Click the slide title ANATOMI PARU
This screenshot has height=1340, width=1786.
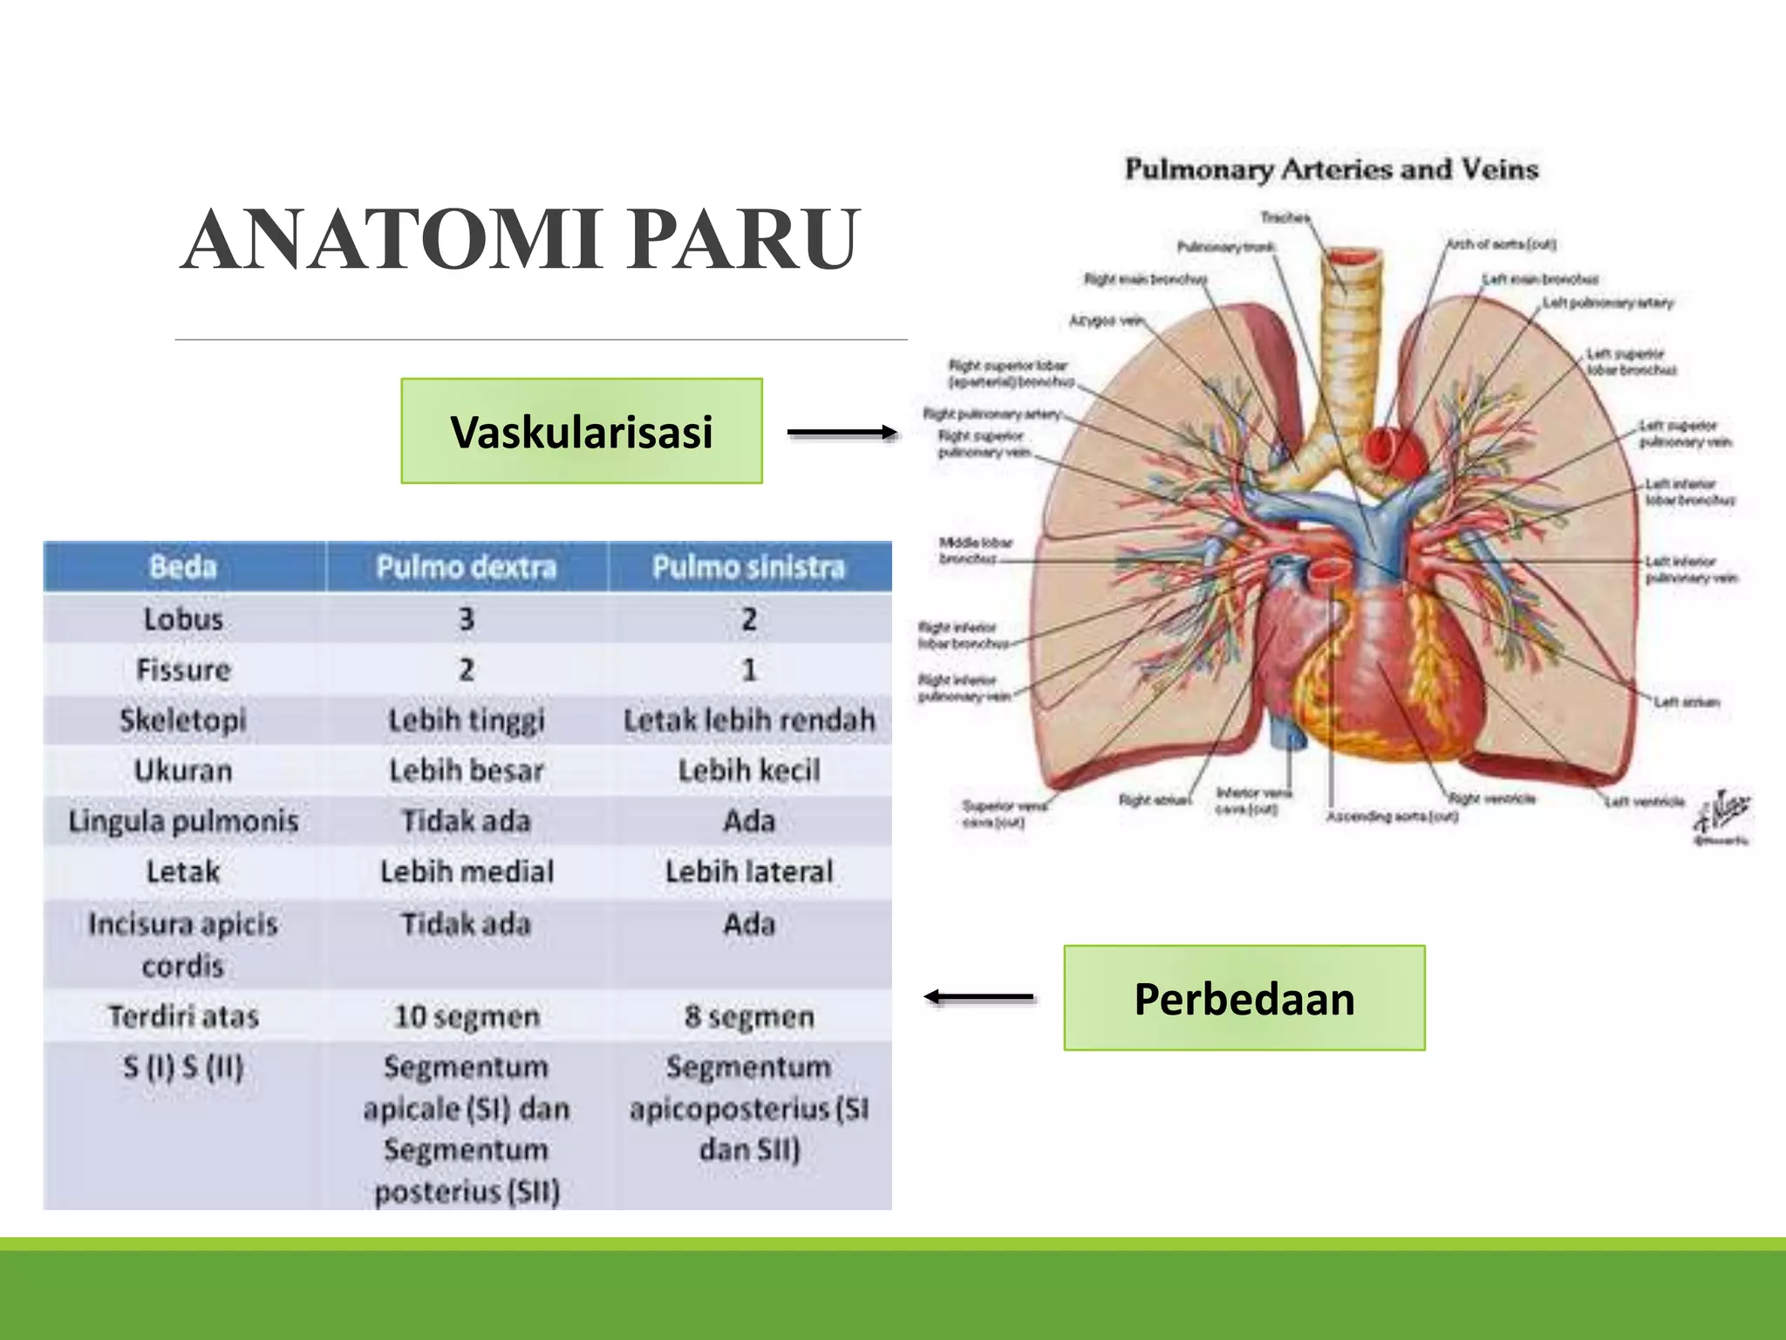click(521, 240)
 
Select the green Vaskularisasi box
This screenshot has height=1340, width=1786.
click(581, 431)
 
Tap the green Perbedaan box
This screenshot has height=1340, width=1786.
click(1244, 998)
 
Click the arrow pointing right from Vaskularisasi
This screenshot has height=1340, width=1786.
click(842, 432)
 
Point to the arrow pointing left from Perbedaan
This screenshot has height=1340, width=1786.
click(978, 996)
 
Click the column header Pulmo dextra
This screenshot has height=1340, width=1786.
click(466, 567)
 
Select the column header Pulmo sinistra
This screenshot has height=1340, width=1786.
click(748, 567)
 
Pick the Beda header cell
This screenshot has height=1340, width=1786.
click(183, 567)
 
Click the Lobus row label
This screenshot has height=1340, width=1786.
click(183, 619)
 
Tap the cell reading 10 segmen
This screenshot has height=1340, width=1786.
click(467, 1016)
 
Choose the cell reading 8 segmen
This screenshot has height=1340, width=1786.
click(748, 1016)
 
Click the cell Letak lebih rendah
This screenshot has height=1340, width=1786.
click(748, 721)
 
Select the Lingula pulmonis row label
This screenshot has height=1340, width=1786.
click(183, 821)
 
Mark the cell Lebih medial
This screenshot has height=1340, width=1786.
click(467, 872)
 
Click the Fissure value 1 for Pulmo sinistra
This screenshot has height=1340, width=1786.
click(748, 670)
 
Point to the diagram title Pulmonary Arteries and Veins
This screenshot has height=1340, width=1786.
click(1331, 169)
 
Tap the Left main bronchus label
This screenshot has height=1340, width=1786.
click(1540, 279)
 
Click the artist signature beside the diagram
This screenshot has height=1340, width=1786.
click(1721, 816)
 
